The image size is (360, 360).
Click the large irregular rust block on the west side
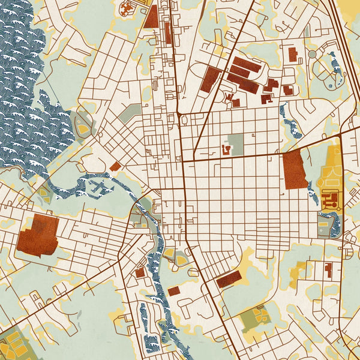[38, 235]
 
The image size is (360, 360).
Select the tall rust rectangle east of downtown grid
[294, 170]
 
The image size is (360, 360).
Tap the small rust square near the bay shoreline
[115, 166]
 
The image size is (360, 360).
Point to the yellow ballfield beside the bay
[82, 125]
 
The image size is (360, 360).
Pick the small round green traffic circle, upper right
[312, 55]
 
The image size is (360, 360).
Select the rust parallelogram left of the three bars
[211, 80]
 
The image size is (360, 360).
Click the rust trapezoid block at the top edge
[150, 17]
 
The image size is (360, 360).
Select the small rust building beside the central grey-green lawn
[227, 148]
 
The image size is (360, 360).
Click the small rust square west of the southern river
[140, 273]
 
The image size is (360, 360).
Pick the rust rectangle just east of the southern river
[174, 291]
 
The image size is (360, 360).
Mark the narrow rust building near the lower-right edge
[328, 269]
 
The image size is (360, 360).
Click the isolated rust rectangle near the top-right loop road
[293, 55]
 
